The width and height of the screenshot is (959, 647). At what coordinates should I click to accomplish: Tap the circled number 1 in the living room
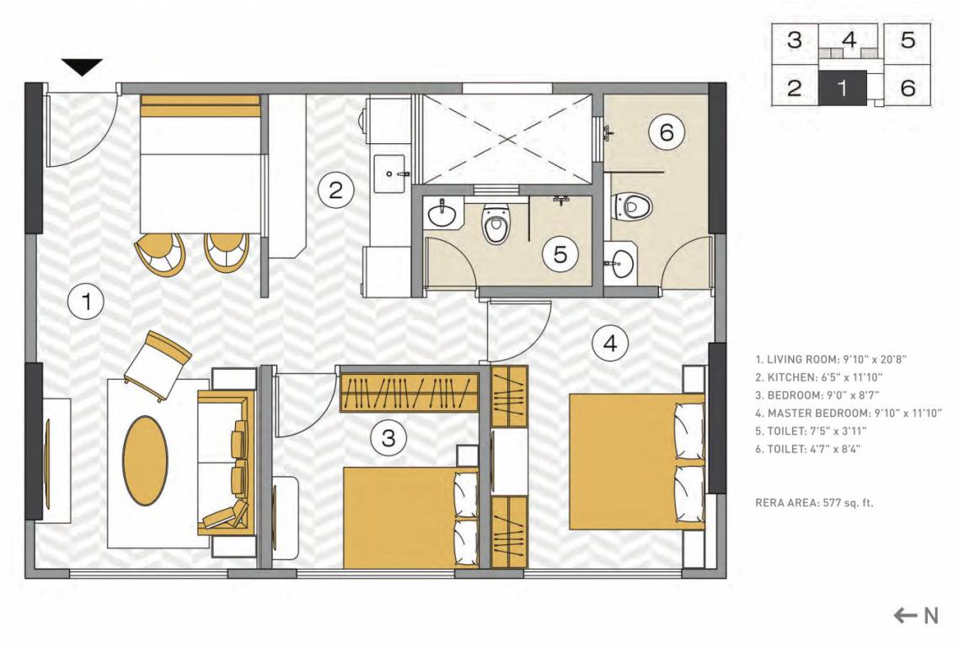tap(85, 301)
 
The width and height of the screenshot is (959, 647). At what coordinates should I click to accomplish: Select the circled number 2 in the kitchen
tap(335, 190)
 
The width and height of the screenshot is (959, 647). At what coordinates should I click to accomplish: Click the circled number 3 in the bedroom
tap(388, 437)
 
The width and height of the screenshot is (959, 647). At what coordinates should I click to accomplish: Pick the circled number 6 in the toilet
tap(666, 132)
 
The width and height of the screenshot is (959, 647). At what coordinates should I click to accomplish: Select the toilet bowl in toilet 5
tap(496, 225)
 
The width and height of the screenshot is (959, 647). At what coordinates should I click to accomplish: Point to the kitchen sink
tap(390, 171)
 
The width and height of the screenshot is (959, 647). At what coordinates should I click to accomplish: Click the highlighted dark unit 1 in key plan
tap(841, 88)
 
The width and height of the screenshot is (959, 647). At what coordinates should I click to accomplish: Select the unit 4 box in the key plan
tap(849, 40)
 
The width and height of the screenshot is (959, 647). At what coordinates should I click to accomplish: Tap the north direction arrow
tap(915, 616)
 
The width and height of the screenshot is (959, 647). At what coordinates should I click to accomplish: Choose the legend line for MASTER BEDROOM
tap(848, 413)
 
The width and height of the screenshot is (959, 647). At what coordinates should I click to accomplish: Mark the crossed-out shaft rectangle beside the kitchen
tap(506, 139)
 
